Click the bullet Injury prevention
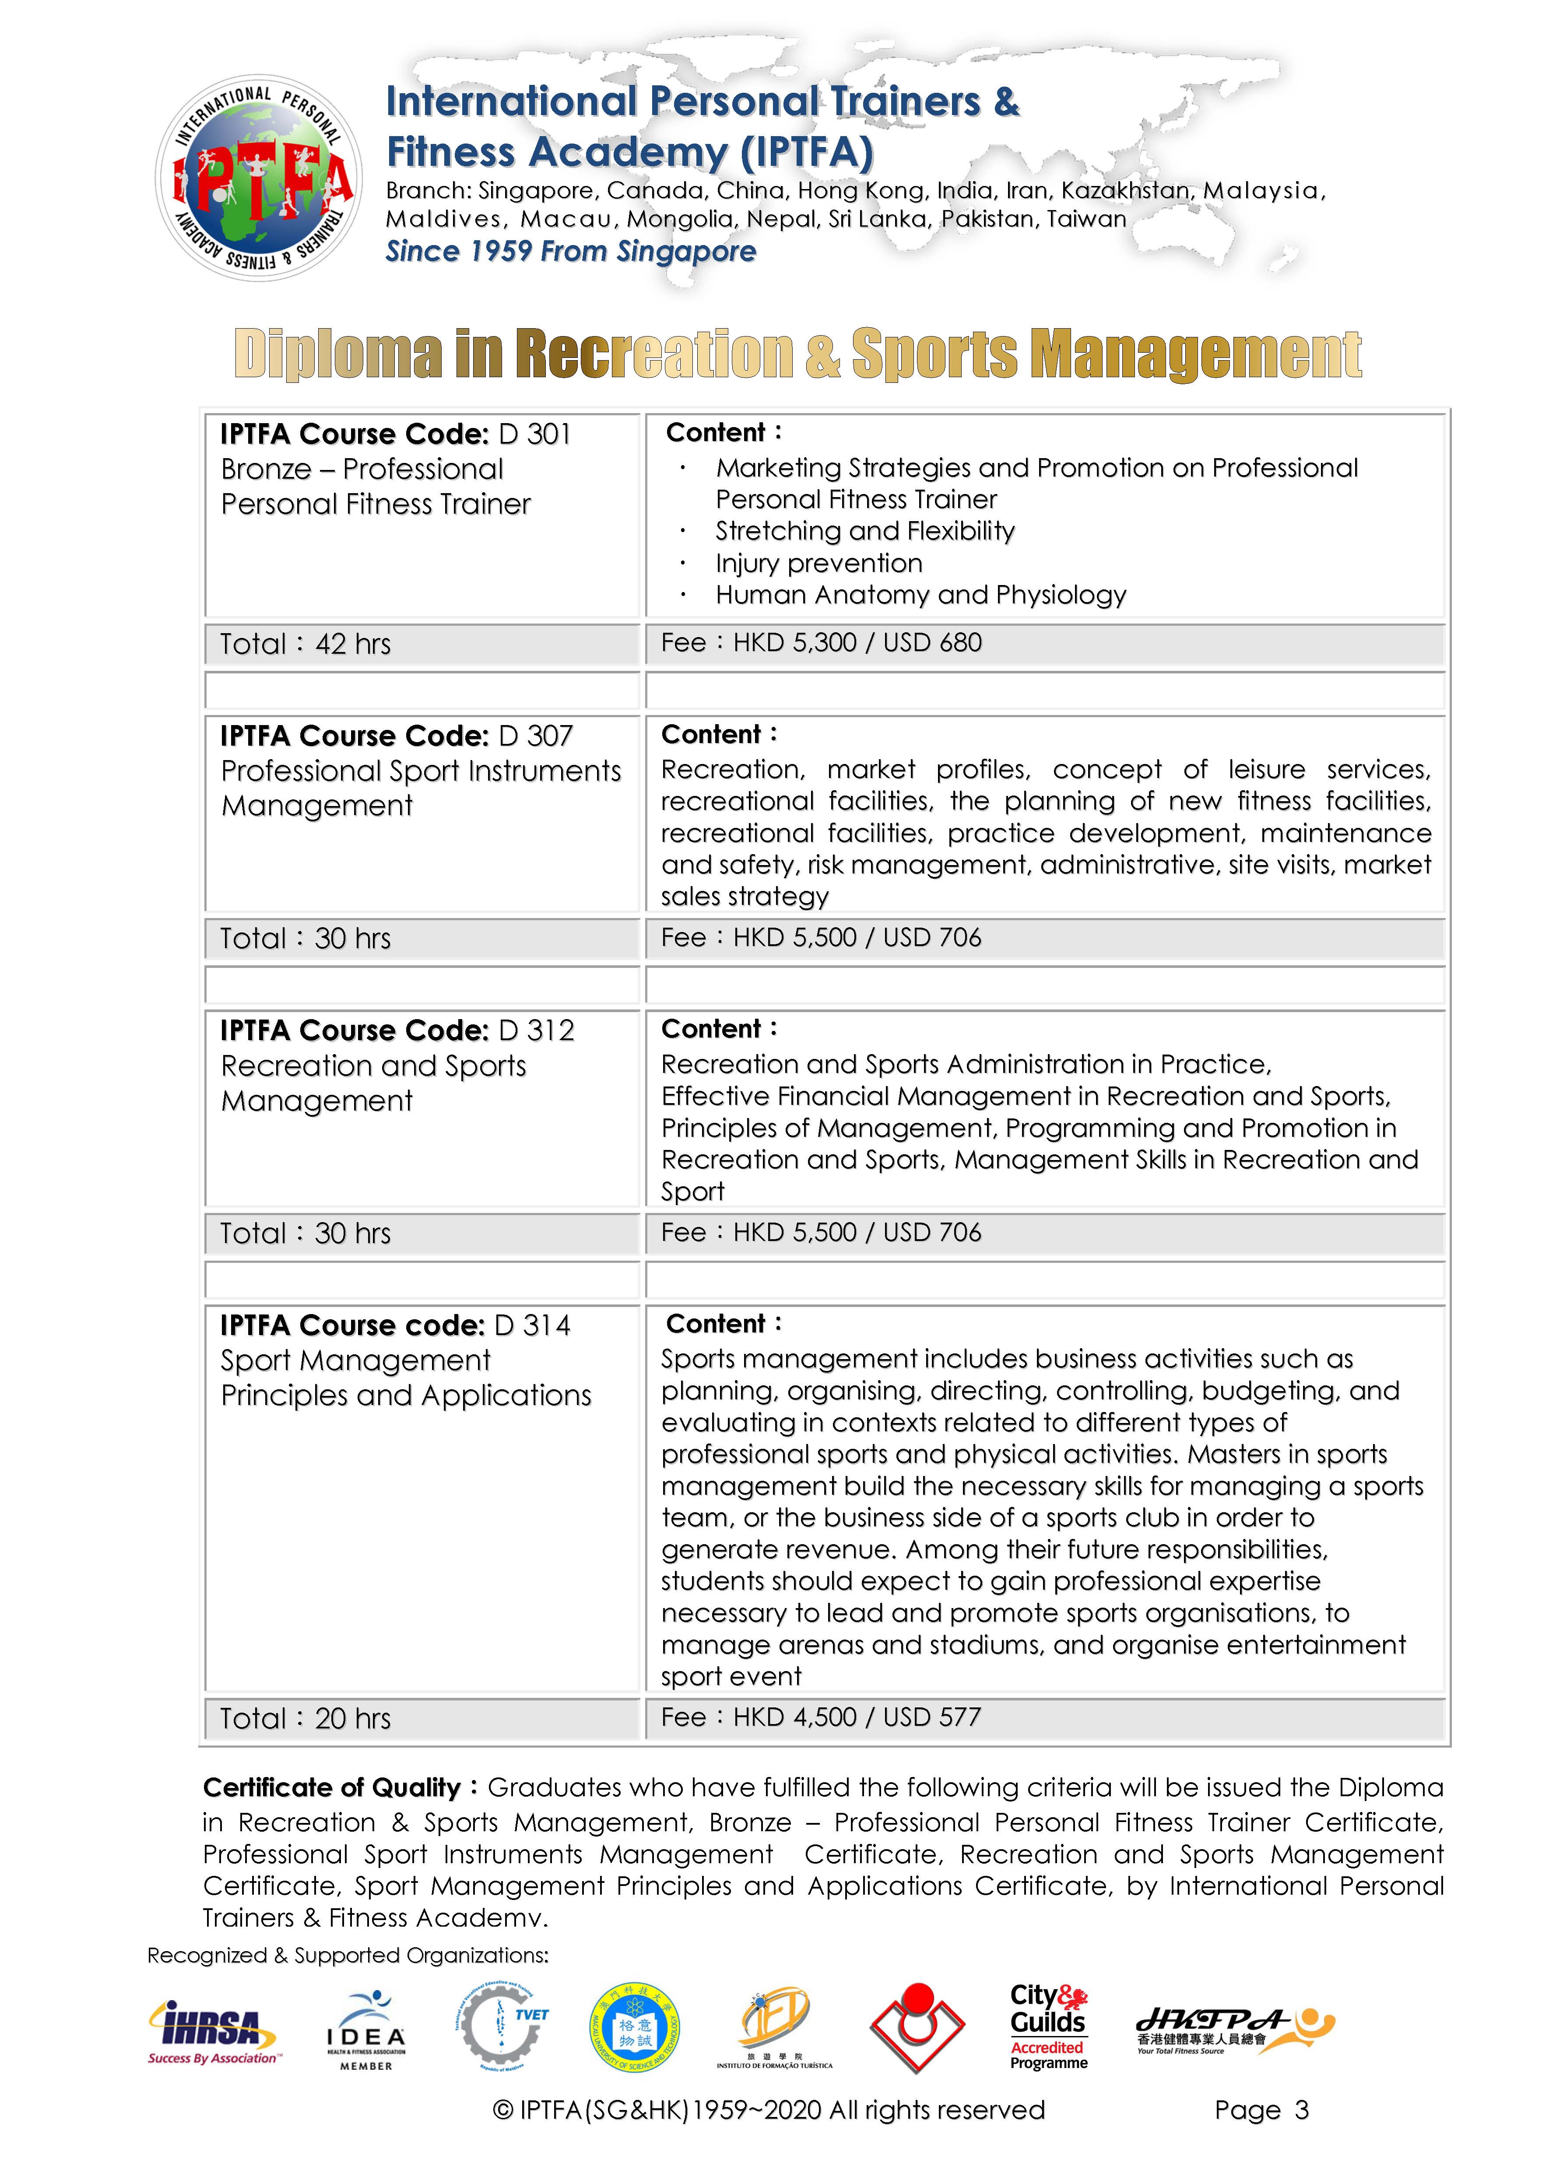pos(818,563)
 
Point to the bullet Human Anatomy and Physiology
pos(920,596)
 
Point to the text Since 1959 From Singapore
pos(571,252)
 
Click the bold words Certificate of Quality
pos(331,1788)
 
